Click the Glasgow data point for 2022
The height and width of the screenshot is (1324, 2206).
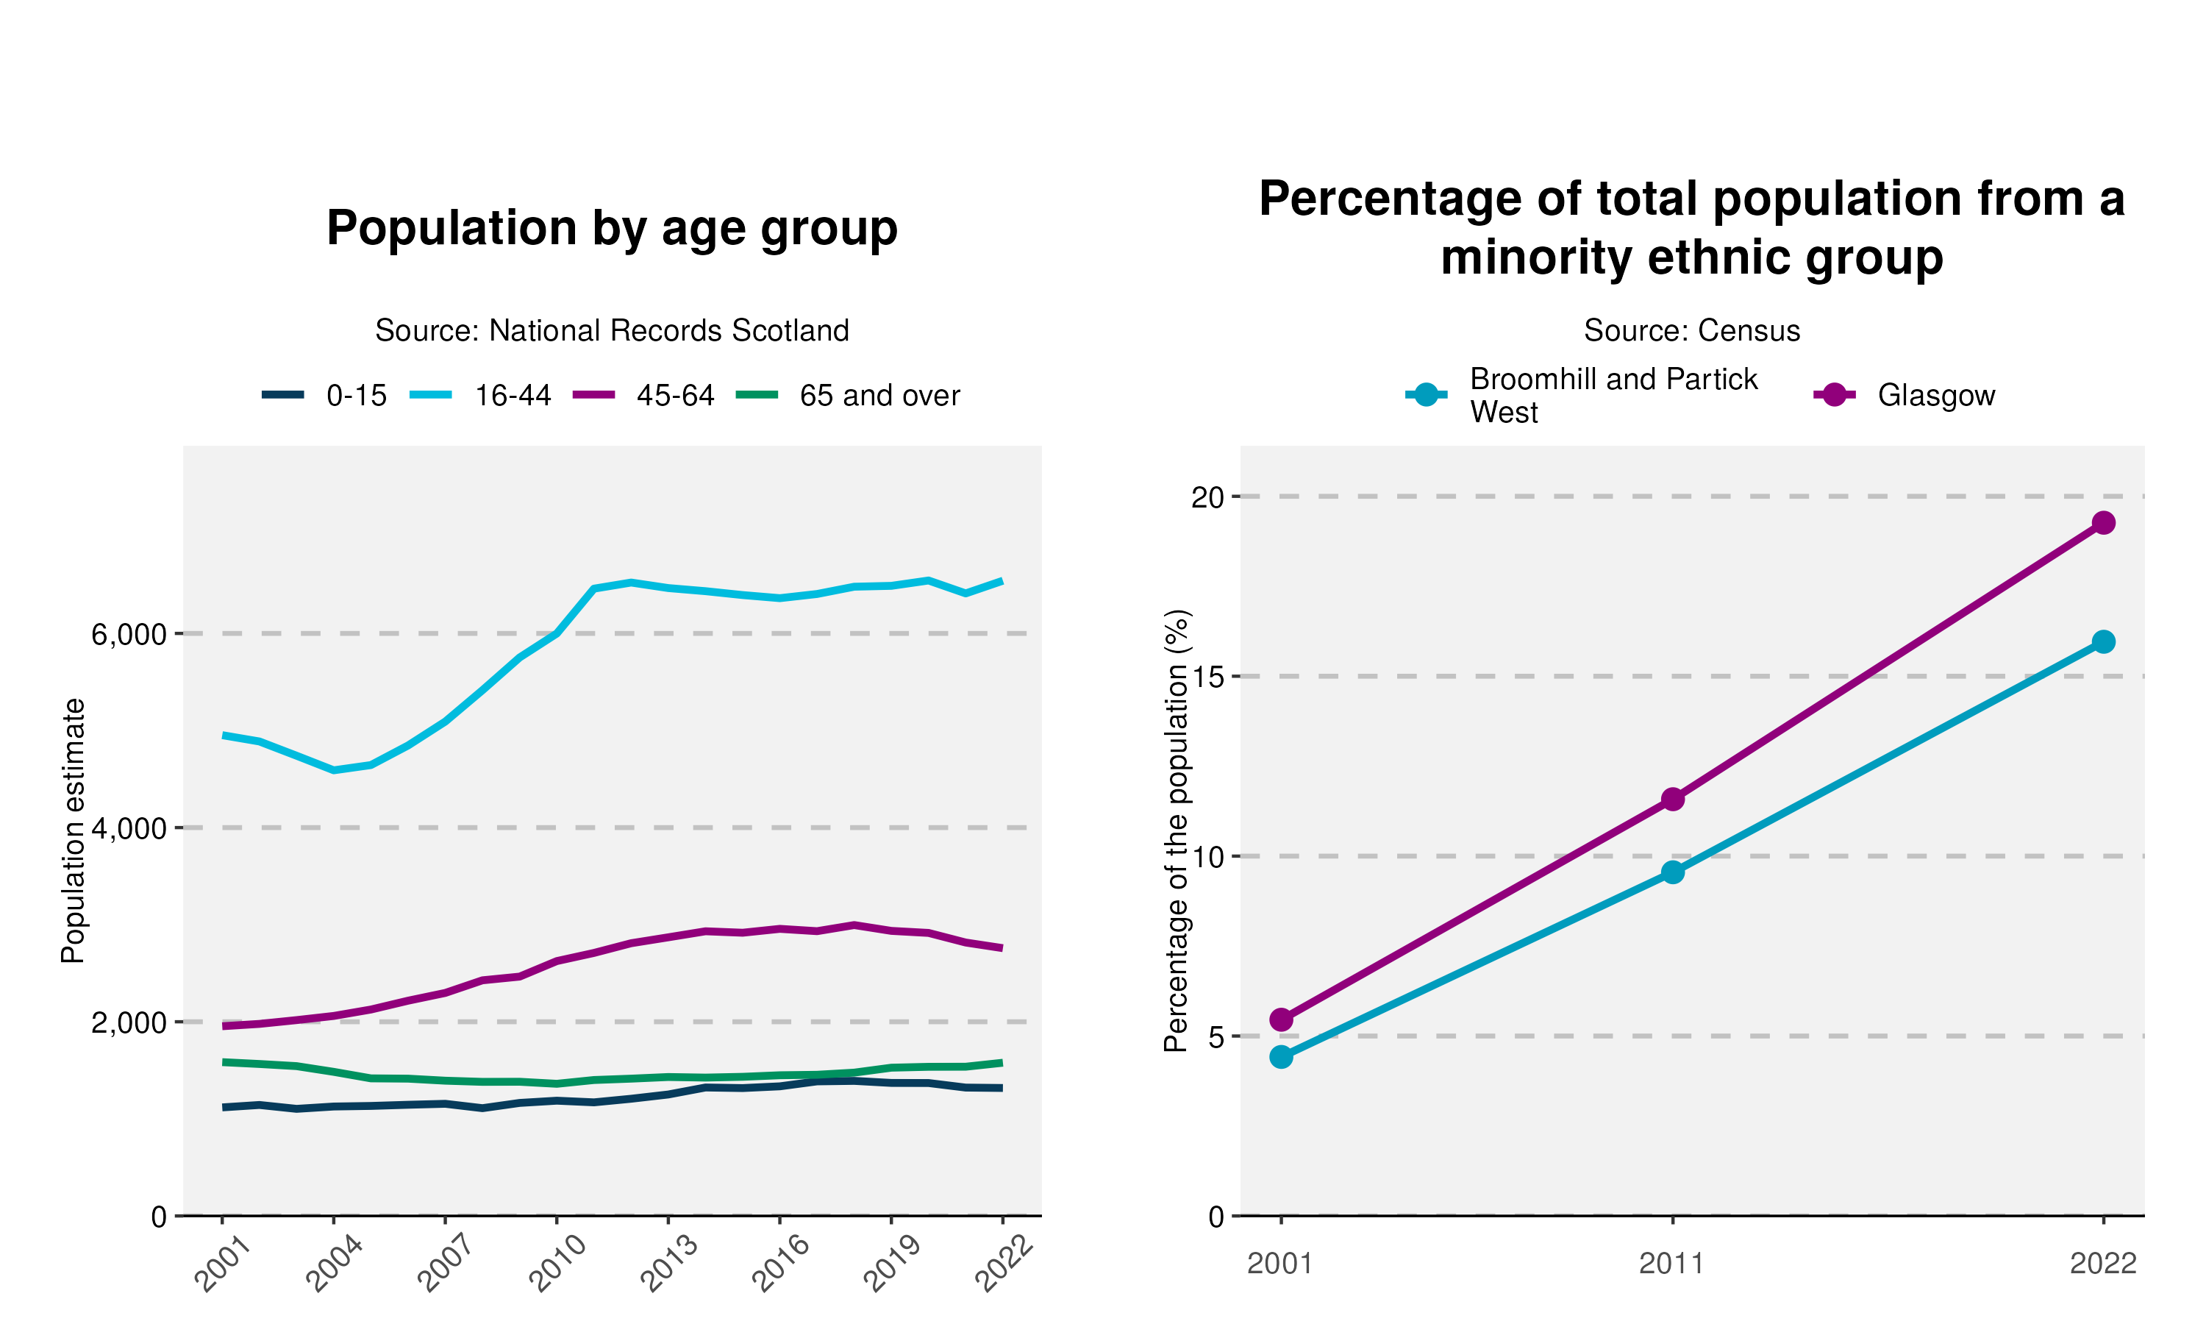coord(2102,523)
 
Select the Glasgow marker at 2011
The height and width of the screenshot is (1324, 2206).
coord(1673,799)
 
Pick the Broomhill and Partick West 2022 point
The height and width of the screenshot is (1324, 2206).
coord(2102,641)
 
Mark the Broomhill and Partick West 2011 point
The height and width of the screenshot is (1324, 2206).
coord(1673,872)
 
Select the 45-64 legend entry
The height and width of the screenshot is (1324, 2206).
coord(644,395)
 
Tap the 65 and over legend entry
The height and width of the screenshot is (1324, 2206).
coord(849,395)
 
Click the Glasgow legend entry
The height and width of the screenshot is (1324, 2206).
coord(1905,395)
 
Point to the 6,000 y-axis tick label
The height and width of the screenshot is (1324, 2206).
coord(129,634)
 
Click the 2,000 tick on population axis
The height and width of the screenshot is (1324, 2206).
coord(129,1022)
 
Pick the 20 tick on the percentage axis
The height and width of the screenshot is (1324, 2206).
coord(1208,497)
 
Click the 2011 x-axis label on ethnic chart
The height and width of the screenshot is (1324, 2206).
coord(1672,1264)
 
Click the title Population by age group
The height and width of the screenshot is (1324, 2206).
coord(612,229)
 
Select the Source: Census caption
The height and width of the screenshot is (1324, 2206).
coord(1691,331)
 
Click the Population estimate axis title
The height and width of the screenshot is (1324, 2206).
coord(73,830)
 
